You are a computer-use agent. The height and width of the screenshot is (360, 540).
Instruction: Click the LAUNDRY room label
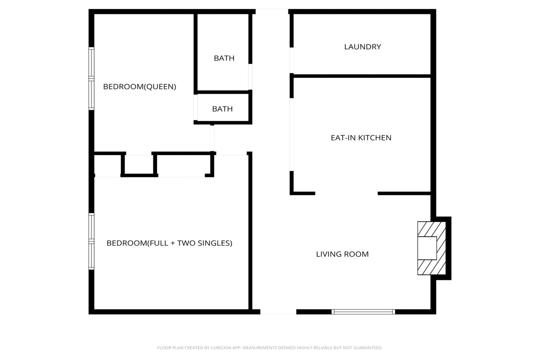coord(362,47)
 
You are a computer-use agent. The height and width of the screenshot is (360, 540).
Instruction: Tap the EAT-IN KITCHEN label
coord(361,138)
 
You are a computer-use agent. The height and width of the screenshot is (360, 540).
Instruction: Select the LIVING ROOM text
coord(342,254)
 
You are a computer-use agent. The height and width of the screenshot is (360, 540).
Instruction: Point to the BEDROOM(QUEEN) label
coord(140,87)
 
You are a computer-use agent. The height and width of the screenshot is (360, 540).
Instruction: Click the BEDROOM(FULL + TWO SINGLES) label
coord(169,243)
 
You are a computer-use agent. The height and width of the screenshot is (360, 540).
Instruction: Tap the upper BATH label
coord(224,58)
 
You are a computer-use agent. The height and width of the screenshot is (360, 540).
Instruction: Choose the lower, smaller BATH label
coord(222,109)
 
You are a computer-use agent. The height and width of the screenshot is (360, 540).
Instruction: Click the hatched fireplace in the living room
coord(431,248)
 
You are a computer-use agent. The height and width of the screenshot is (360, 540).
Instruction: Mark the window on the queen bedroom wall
coord(91,79)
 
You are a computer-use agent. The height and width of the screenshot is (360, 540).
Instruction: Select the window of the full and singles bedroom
coord(91,241)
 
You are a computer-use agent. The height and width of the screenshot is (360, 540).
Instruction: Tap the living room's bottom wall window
coord(363,312)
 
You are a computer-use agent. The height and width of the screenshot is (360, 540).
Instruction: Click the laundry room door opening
coord(291,60)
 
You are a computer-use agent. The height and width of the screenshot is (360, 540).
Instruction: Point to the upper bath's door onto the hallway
coord(250,77)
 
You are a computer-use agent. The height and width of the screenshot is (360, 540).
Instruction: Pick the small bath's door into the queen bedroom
coord(196,107)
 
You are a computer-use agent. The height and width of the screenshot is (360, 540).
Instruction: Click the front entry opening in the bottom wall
coord(278,312)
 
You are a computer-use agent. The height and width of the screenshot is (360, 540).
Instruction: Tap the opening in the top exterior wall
coord(272,12)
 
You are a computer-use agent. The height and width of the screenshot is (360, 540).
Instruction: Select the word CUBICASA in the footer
coord(221,348)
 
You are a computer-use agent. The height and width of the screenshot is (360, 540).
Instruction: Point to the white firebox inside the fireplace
coord(427,248)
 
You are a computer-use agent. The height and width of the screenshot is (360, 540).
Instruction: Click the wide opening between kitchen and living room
coord(346,193)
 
